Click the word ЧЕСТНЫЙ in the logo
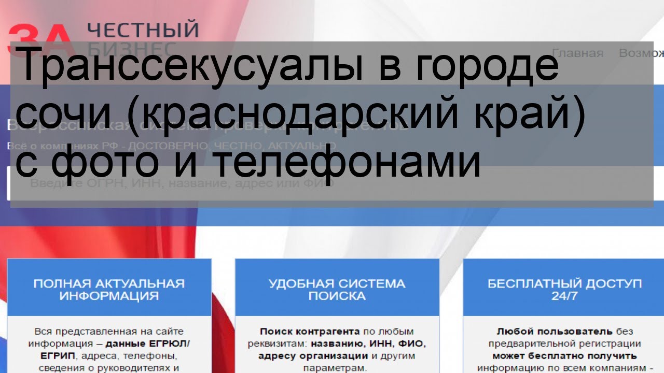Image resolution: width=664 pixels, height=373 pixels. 143,30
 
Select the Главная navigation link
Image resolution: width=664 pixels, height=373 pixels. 577,53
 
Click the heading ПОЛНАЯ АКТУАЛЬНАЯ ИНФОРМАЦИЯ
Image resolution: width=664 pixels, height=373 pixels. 109,290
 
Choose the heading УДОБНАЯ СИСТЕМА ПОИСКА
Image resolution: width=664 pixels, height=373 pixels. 337,290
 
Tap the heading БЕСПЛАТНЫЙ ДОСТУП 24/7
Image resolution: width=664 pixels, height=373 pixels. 565,290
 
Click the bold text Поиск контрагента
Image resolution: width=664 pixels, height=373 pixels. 310,332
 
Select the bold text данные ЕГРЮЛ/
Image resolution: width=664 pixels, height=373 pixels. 148,344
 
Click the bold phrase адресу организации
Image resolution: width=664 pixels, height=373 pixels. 313,356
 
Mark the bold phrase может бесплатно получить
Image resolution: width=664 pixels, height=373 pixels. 564,356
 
